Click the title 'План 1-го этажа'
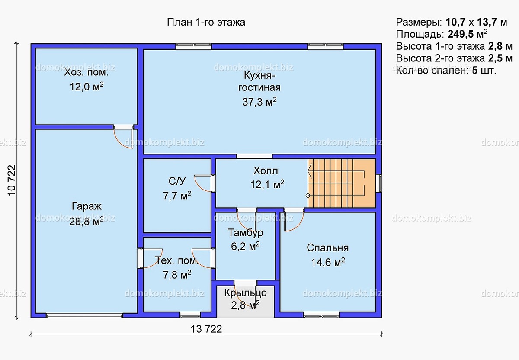coord(206,22)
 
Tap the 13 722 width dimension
coord(206,329)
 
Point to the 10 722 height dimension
coord(12,180)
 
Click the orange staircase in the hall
coord(342,183)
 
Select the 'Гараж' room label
coord(86,206)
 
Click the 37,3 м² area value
coord(259,102)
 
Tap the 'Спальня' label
coord(328,248)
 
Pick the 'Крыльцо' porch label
coord(245,293)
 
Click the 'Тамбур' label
coord(245,233)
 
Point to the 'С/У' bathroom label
coord(177,181)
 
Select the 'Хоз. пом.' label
coord(86,72)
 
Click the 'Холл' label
coord(266,171)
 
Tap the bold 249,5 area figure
coord(461,34)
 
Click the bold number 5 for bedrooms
coord(475,70)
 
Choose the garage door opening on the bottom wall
coord(84,315)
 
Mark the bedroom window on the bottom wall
coord(321,315)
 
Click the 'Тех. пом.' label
coord(177,261)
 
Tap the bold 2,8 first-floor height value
coord(495,46)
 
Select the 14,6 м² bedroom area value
coord(328,262)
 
